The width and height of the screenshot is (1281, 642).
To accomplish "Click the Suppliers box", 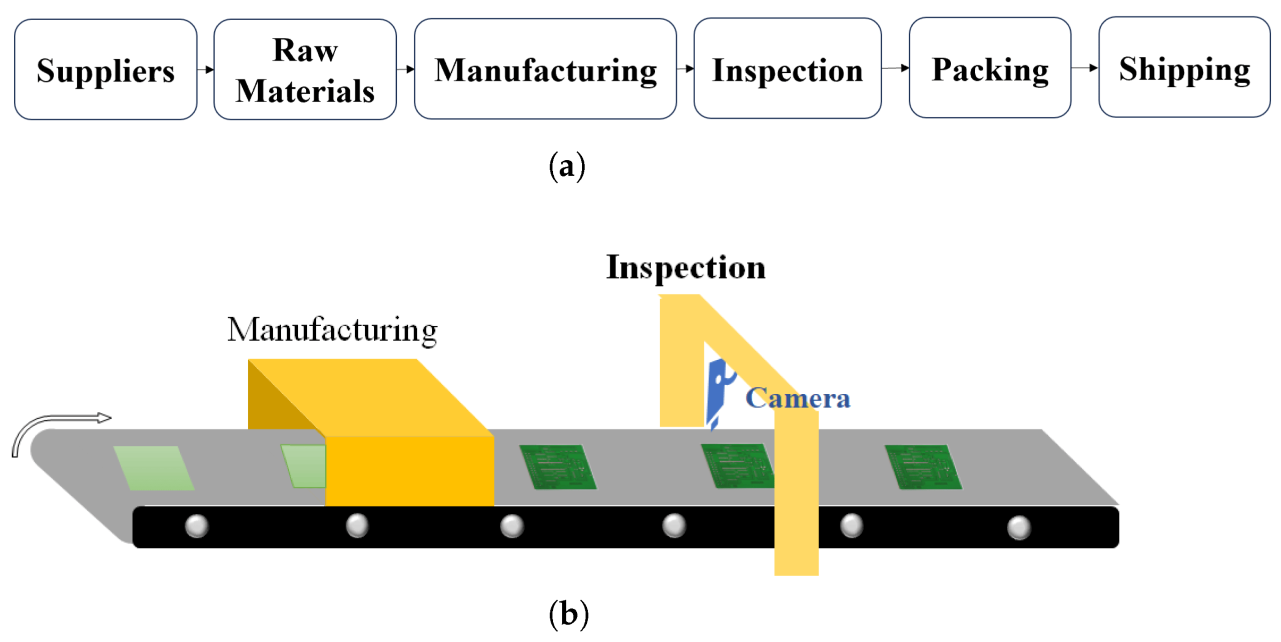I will click(105, 69).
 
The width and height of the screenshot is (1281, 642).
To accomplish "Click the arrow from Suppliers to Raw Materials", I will click(205, 69).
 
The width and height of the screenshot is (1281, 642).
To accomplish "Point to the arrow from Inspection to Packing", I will click(895, 68).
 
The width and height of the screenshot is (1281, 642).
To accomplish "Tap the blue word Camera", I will click(797, 398).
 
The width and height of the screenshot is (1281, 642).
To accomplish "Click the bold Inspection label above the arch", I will click(685, 267).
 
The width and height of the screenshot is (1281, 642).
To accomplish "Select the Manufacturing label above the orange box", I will click(332, 330).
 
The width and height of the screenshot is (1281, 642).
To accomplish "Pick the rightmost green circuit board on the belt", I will click(923, 466).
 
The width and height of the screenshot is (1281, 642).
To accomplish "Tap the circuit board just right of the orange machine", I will click(557, 466).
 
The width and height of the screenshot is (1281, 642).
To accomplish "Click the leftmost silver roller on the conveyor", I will click(196, 526).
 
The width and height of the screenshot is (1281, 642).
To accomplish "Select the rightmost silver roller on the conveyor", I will click(1018, 527).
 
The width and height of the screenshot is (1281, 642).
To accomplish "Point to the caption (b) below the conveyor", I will click(568, 613).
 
